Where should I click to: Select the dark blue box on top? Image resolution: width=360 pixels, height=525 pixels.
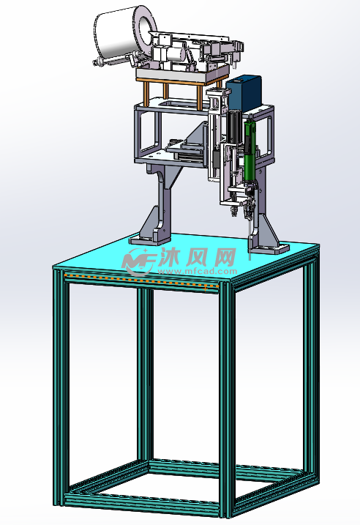(x=244, y=94)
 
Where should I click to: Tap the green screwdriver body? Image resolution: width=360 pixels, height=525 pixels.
(x=249, y=147)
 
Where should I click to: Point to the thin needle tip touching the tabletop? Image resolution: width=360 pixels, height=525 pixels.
(x=250, y=258)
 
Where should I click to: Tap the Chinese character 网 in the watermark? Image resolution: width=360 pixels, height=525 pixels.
(x=223, y=257)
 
